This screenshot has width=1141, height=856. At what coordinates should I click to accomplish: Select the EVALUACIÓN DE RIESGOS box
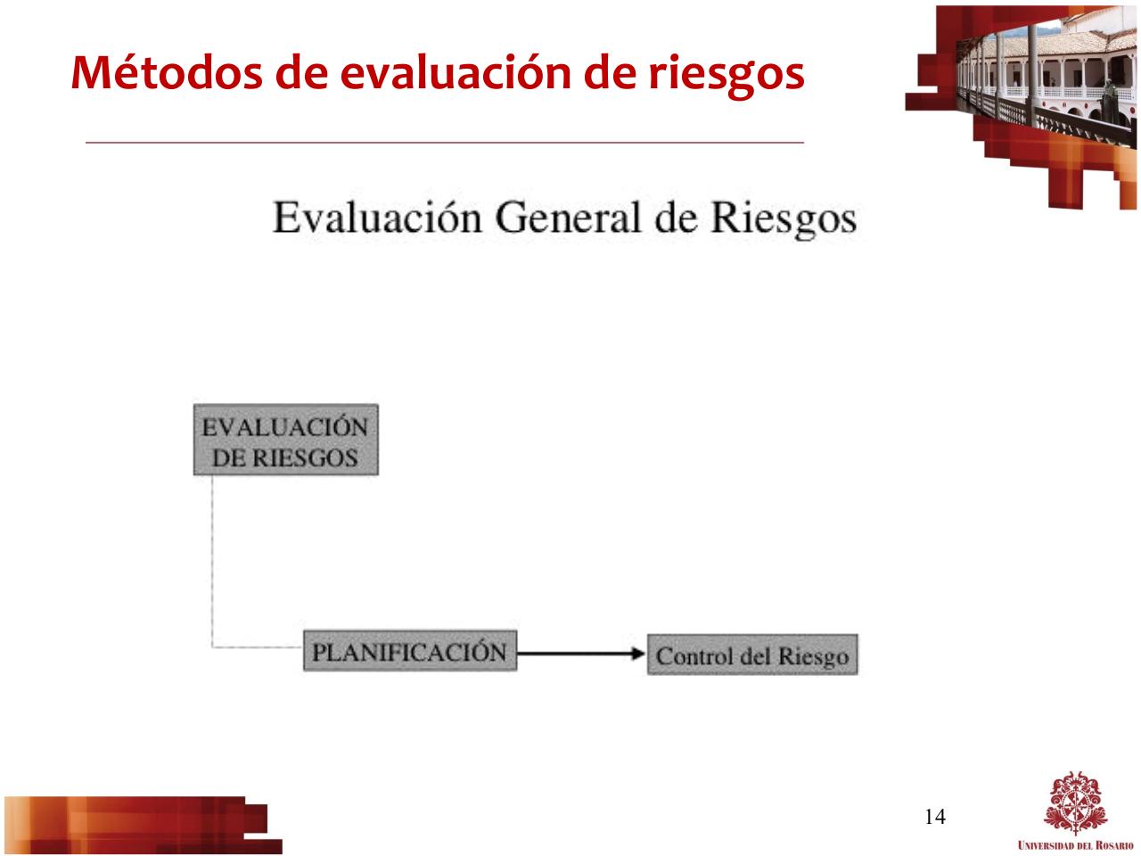click(285, 440)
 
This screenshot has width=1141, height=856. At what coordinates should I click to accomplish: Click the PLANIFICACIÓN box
click(410, 652)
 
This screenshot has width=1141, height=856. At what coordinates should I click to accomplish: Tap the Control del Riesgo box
click(752, 655)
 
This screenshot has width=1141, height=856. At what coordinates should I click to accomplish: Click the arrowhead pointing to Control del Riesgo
click(636, 654)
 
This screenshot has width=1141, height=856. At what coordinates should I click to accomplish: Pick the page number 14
click(934, 816)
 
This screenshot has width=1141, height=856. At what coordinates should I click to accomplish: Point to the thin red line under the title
click(446, 142)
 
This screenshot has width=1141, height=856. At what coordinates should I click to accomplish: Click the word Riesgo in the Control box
click(812, 657)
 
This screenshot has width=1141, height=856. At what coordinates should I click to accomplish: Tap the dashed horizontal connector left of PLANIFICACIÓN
click(259, 646)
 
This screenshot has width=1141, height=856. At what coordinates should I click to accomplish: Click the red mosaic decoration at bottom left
click(134, 822)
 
